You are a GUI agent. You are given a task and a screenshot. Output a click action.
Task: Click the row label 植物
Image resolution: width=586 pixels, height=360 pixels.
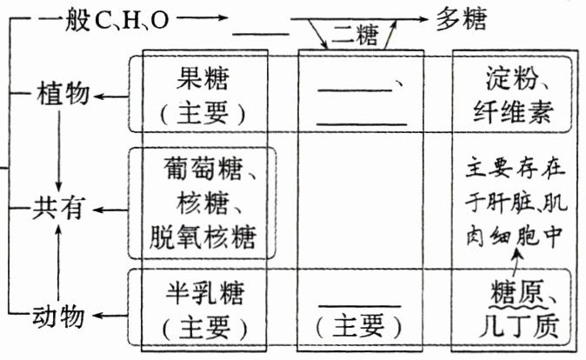point(63,93)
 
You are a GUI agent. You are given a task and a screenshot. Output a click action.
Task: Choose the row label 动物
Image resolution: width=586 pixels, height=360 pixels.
point(63,317)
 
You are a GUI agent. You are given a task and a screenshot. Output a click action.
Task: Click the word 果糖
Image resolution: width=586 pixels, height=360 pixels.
point(203,80)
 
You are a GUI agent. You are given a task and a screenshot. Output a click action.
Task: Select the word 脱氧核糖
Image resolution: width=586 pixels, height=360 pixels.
point(202,236)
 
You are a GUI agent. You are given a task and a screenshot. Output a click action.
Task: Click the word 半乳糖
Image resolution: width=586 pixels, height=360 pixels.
point(203,297)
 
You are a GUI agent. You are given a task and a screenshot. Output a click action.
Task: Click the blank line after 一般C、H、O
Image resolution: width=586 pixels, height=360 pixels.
point(261,34)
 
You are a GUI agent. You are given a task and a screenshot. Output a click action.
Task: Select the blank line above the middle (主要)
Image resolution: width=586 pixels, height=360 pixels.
point(360,306)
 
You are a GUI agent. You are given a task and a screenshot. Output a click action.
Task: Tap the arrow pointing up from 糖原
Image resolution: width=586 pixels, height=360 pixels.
point(520,261)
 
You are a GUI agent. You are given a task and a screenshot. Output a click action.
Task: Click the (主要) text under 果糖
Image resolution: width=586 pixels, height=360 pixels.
point(203,113)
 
